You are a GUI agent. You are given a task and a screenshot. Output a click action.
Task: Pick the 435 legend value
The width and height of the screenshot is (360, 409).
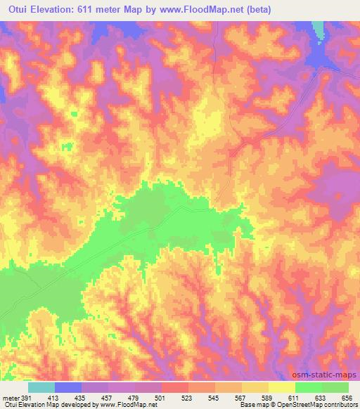82,397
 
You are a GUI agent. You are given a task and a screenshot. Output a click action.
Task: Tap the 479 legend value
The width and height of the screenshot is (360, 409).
136,397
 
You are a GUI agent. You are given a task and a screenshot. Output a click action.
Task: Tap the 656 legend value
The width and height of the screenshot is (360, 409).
347,397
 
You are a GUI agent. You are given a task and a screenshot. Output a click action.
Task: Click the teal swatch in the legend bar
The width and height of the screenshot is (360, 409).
41,387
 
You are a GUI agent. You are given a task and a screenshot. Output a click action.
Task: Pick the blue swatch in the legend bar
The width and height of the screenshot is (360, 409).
68,387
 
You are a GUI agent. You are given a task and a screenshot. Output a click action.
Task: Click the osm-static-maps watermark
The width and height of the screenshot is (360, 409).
326,375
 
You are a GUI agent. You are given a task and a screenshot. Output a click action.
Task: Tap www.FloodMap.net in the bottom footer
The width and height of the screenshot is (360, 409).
133,405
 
